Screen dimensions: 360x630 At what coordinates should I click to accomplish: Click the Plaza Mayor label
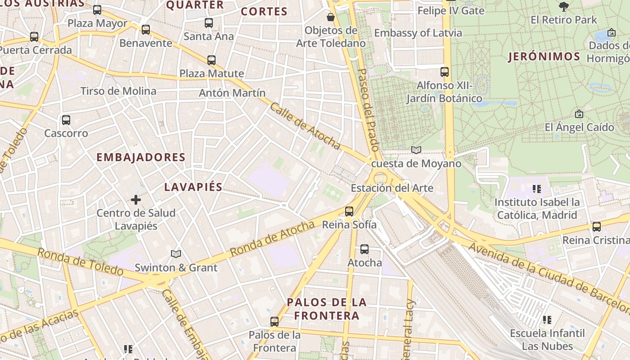(97, 23)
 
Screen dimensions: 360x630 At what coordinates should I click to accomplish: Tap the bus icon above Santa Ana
(209, 22)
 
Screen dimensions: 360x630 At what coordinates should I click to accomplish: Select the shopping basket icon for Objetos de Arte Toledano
(331, 17)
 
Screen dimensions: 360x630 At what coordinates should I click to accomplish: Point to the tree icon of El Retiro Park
(563, 7)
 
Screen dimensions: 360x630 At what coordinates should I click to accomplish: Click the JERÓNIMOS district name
(544, 57)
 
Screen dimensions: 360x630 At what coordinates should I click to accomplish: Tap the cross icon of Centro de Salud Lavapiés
(136, 199)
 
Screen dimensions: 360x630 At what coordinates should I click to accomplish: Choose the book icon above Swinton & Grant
(176, 254)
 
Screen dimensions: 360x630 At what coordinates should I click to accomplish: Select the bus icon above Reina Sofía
(349, 211)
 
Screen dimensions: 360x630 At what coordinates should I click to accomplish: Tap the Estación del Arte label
(392, 188)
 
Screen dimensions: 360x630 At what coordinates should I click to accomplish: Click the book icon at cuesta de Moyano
(416, 150)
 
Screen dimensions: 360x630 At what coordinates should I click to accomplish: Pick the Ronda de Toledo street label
(80, 262)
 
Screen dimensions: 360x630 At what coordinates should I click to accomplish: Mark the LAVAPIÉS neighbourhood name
(193, 187)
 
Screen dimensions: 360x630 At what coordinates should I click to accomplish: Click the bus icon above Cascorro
(66, 120)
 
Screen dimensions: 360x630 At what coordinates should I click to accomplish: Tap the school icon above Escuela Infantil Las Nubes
(547, 320)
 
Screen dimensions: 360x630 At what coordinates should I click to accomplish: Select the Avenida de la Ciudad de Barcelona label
(549, 278)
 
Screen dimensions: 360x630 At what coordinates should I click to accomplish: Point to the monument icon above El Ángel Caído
(579, 114)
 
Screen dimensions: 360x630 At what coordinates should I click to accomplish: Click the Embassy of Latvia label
(418, 33)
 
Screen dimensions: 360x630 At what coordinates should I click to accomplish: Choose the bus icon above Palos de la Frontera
(274, 322)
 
